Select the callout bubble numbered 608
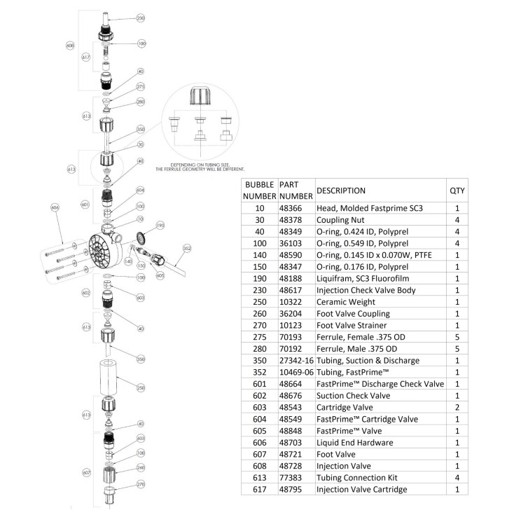[70, 46]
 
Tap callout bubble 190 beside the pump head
[160, 226]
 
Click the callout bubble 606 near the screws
[56, 208]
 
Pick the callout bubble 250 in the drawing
[141, 387]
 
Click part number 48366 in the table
[293, 209]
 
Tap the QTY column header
[457, 191]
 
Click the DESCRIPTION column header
[341, 191]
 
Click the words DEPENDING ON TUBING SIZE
[200, 165]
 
